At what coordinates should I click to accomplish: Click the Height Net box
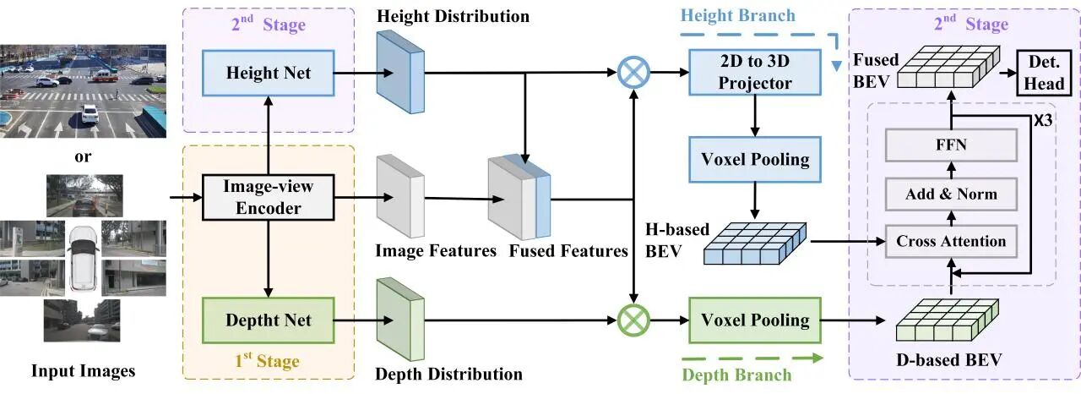pos(268,74)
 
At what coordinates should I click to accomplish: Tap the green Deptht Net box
pos(268,320)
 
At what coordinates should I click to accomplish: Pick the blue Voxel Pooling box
pos(754,159)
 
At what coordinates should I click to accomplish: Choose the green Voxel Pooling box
pos(754,320)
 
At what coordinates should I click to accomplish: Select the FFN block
pos(951,145)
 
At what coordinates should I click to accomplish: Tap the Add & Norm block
pos(951,194)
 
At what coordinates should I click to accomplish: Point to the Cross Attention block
pos(951,241)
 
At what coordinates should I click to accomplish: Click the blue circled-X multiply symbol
pos(632,74)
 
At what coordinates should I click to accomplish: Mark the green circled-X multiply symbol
pos(632,320)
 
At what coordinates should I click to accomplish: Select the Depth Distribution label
pos(449,374)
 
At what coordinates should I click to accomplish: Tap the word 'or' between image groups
pos(83,156)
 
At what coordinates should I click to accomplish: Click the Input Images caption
pos(83,370)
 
